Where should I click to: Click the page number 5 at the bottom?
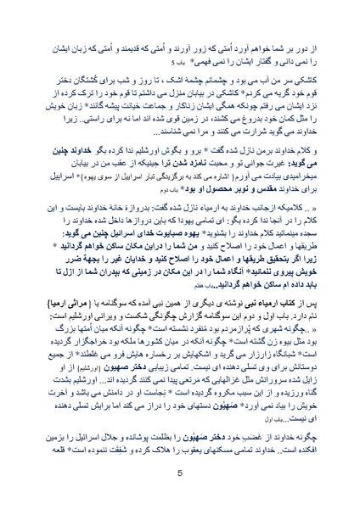tap(180, 473)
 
